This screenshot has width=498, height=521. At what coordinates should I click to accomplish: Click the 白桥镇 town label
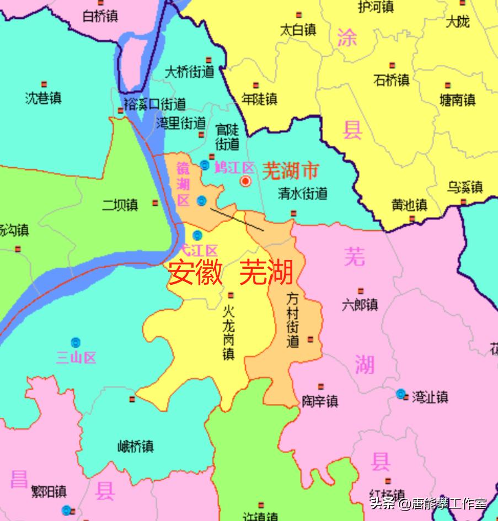(x=100, y=17)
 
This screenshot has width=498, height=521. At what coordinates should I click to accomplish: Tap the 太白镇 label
(x=298, y=30)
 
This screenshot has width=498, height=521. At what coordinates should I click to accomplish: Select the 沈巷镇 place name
(x=43, y=98)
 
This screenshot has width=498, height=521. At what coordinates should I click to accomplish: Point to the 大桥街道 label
(x=190, y=72)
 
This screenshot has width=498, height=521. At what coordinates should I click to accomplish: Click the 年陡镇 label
(x=259, y=99)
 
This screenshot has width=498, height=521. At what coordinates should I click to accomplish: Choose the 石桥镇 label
(x=392, y=80)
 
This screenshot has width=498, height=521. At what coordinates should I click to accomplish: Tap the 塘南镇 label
(x=457, y=100)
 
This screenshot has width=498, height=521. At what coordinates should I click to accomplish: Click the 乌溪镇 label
(x=464, y=187)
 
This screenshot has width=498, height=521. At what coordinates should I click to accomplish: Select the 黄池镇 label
(x=409, y=205)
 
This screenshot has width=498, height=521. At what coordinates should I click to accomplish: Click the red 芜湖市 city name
(x=290, y=171)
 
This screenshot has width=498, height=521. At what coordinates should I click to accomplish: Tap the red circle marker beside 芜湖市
(x=246, y=181)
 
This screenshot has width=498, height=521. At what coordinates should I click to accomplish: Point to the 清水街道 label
(x=303, y=193)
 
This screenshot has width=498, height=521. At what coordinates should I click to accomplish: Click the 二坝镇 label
(x=120, y=205)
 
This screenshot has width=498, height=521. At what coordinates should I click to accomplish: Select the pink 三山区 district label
(x=76, y=358)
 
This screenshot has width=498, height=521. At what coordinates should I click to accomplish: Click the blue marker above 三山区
(x=75, y=342)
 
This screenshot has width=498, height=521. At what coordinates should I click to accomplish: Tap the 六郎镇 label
(x=360, y=304)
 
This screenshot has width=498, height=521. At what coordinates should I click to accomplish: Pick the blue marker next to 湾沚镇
(x=401, y=394)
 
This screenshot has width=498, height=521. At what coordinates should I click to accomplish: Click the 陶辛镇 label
(x=320, y=401)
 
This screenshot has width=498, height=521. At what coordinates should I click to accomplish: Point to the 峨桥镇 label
(x=136, y=446)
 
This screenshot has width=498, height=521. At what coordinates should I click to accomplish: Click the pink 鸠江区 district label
(x=234, y=167)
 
